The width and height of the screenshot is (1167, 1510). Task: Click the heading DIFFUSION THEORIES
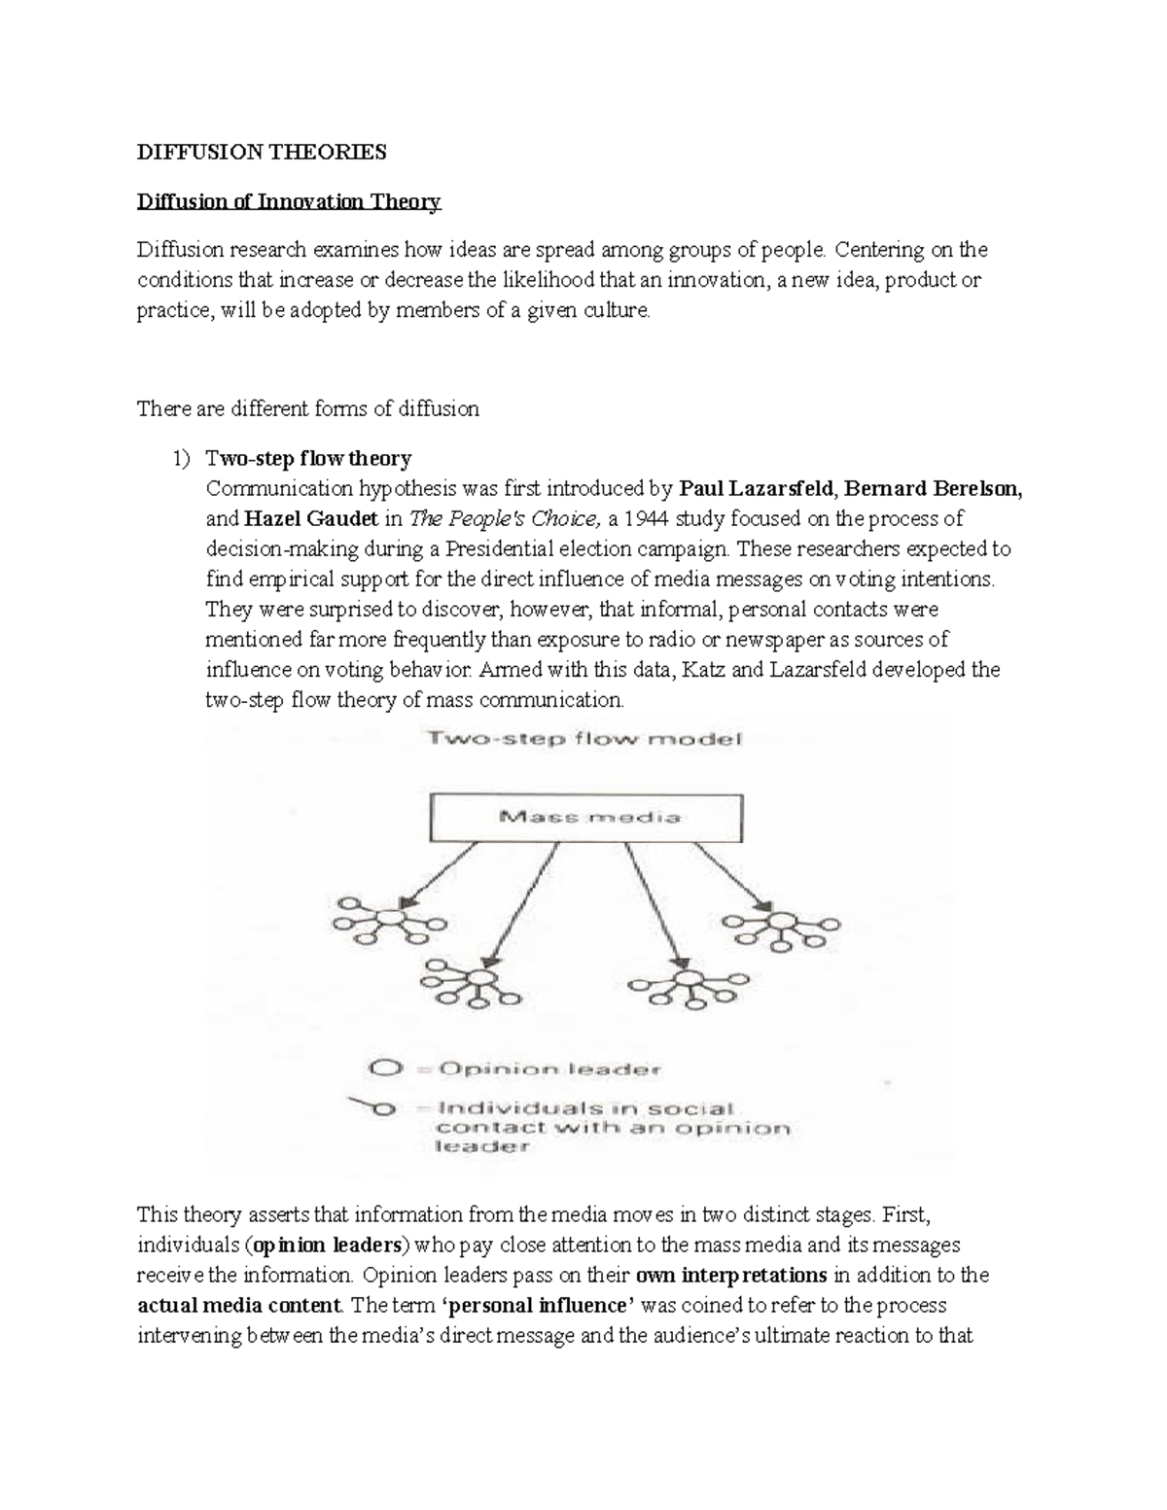click(x=262, y=152)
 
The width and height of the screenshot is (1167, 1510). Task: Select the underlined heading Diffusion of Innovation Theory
click(x=289, y=201)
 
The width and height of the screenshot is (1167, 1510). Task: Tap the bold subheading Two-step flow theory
click(x=308, y=458)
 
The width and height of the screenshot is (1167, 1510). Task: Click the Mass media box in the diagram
click(x=586, y=817)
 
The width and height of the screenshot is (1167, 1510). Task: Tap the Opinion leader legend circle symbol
click(x=386, y=1069)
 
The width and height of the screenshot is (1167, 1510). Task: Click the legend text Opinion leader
click(x=549, y=1069)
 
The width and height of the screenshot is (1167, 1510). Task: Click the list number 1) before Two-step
click(x=182, y=458)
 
